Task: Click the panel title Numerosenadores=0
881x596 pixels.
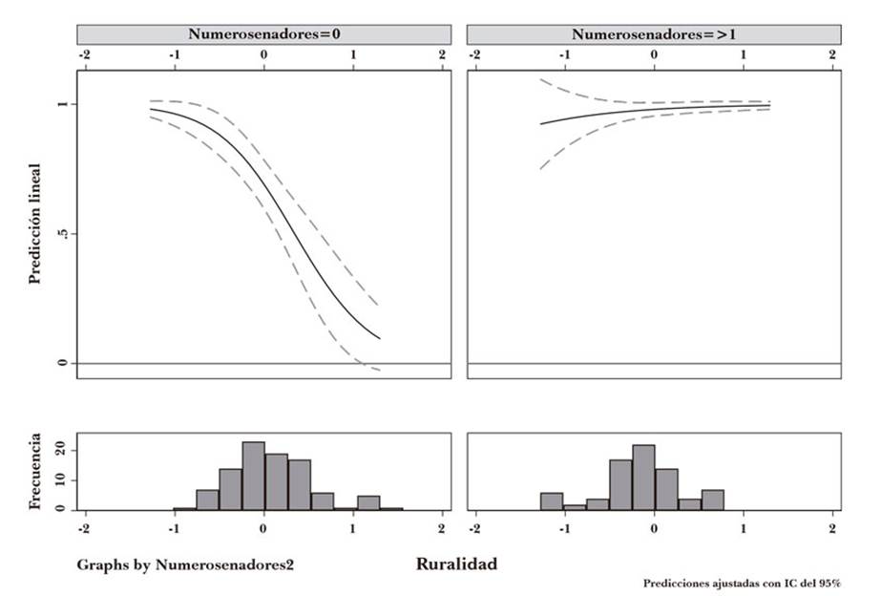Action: click(x=263, y=34)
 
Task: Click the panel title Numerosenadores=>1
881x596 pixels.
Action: click(x=654, y=34)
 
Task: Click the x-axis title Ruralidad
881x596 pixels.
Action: click(x=456, y=564)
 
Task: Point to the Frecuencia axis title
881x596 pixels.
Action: click(x=35, y=472)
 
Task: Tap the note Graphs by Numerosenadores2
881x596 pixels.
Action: click(x=185, y=565)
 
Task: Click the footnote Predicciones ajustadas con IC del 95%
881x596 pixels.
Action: click(x=742, y=584)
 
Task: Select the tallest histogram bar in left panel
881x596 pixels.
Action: click(x=253, y=476)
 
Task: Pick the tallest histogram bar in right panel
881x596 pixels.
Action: click(x=643, y=478)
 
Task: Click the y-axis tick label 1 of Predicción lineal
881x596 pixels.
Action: click(x=63, y=104)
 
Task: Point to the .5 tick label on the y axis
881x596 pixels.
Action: click(x=63, y=234)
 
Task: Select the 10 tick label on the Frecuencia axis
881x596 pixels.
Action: click(x=63, y=479)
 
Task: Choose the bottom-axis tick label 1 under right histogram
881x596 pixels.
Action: click(x=744, y=527)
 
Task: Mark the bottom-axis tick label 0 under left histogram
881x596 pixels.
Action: click(x=264, y=527)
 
